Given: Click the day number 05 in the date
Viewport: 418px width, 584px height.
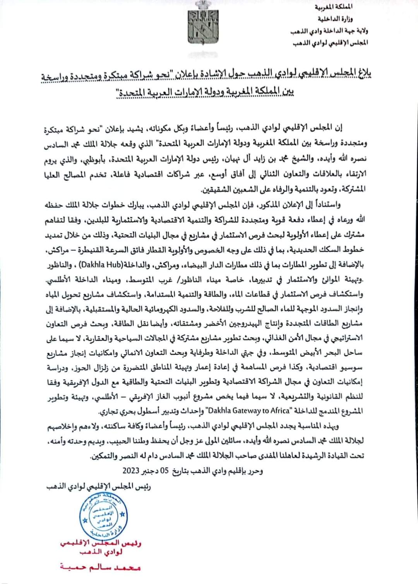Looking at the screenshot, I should point(164,471).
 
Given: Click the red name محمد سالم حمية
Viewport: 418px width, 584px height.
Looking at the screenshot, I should point(100,567).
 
